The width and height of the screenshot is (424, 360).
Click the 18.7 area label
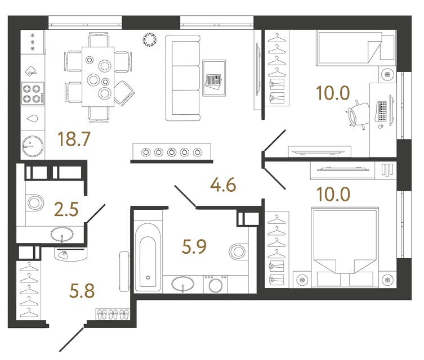(x=74, y=138)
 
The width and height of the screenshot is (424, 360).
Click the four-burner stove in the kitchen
(x=33, y=93)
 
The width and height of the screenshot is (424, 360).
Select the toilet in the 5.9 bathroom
(x=239, y=251)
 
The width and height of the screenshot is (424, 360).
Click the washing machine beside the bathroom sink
(x=215, y=284)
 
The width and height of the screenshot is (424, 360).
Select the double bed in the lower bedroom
(x=343, y=246)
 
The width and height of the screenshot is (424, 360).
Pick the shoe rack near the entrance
(x=111, y=315)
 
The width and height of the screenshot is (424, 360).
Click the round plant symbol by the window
(x=150, y=39)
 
